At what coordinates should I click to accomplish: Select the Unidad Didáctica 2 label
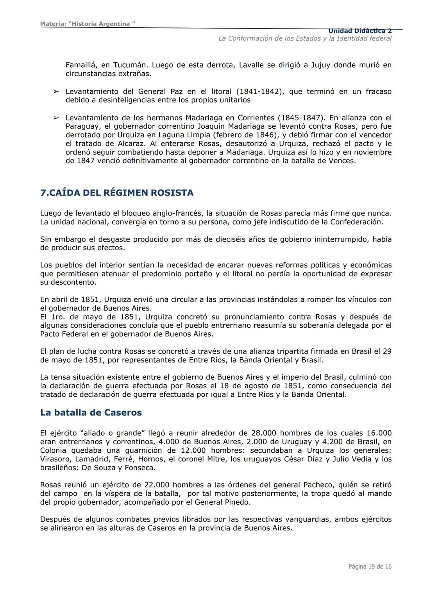pos(359,31)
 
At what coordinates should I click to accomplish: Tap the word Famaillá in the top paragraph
pos(81,65)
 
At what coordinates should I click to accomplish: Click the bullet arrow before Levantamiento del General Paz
pos(56,91)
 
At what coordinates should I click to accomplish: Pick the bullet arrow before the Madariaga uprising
pos(56,118)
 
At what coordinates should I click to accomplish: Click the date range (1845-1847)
pos(302,118)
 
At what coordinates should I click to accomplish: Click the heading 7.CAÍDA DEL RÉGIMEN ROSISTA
pos(117,193)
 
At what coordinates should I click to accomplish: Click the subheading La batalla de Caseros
pos(91,412)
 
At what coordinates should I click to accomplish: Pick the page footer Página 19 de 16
pos(370,567)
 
